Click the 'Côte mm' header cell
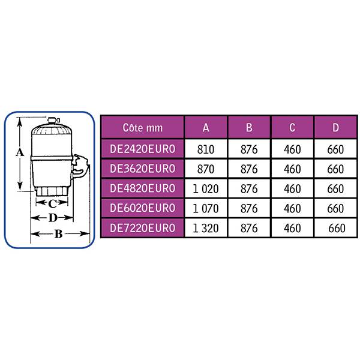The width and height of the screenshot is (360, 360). [143, 128]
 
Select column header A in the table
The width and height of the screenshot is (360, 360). [206, 127]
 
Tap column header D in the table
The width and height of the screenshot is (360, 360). [335, 127]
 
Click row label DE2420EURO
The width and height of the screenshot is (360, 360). [143, 149]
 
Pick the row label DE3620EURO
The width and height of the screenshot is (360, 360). [143, 169]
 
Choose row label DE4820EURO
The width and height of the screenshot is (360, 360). [143, 188]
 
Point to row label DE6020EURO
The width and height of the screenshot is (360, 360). [143, 208]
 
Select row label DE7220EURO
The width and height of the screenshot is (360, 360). [143, 228]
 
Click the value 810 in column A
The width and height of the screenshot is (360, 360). [206, 149]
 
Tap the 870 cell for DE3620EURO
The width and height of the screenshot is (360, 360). [206, 169]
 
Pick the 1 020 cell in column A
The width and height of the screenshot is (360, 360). [206, 189]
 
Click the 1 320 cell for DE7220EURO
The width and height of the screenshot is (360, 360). [206, 228]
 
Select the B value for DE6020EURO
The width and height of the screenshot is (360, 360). [249, 208]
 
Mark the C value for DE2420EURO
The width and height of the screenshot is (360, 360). [292, 149]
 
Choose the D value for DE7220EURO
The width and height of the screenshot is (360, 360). [337, 228]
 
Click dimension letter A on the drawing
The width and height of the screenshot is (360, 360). [20, 152]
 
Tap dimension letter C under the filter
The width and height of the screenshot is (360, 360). [52, 203]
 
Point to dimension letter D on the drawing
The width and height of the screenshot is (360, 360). [53, 218]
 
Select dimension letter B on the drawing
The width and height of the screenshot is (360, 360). [59, 234]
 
